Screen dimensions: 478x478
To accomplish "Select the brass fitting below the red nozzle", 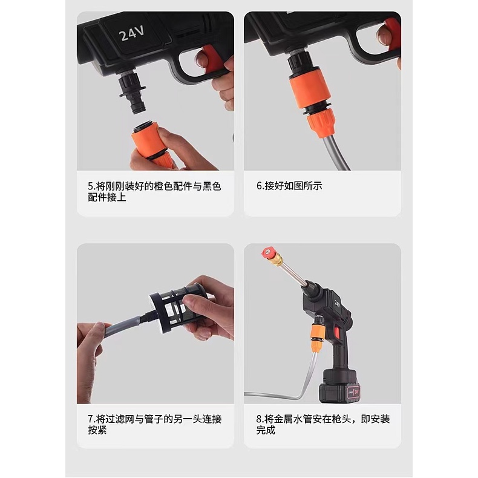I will [x=277, y=261].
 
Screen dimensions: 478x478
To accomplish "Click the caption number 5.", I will [x=91, y=186].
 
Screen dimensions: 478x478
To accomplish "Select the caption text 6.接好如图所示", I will [x=289, y=186].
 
